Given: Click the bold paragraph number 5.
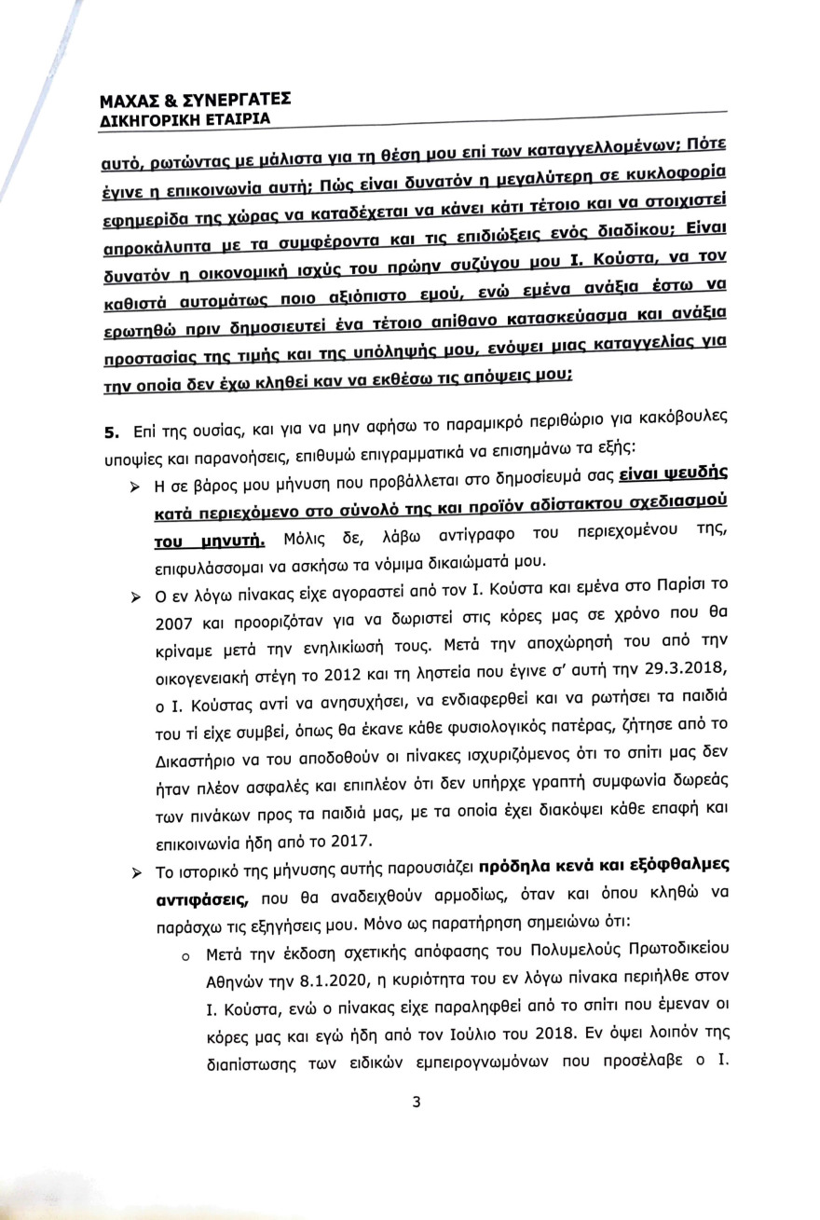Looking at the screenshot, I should pyautogui.click(x=110, y=432).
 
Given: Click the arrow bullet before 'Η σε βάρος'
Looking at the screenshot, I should pyautogui.click(x=135, y=488).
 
